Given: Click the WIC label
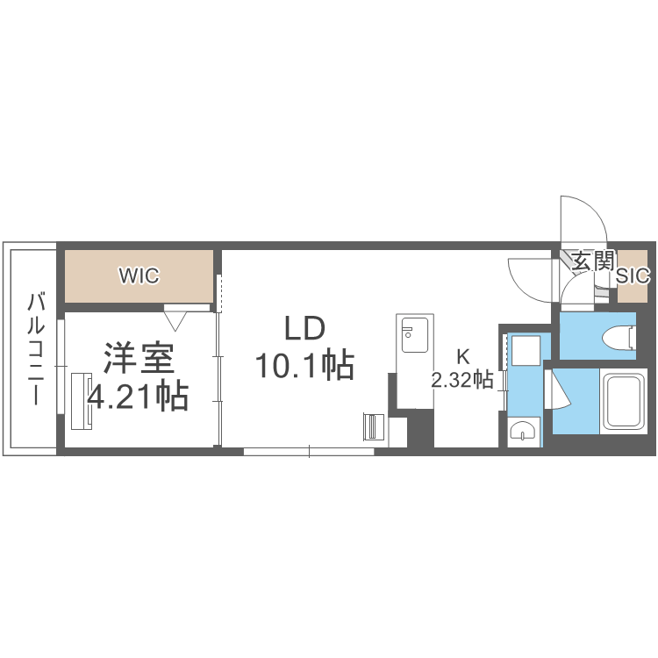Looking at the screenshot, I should coord(139,275).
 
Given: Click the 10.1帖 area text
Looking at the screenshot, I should coord(304,363).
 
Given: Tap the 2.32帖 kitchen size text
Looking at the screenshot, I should coord(461,380).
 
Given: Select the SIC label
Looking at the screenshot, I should coord(633,275).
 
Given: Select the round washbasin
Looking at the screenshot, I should coord(523,431).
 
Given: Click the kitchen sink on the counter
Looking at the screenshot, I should coord(411,333).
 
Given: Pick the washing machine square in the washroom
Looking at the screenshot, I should coord(525,353).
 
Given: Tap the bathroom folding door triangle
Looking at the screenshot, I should coord(560,390).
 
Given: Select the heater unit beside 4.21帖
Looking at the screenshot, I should coord(76,401).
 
